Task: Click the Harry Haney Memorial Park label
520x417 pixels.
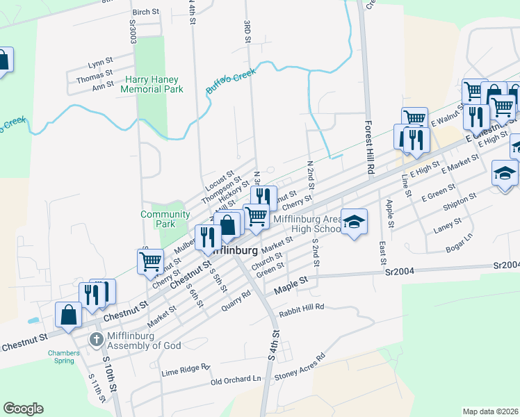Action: coord(152,84)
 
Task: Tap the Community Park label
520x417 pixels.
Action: coord(165,219)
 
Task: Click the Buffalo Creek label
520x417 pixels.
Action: coord(231,82)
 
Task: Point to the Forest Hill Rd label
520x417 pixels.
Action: coord(371,147)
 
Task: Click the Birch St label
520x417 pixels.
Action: coord(145,12)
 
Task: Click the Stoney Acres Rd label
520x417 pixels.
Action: coord(300,366)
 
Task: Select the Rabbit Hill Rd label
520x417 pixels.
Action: coord(302,310)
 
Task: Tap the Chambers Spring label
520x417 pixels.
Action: coord(64,357)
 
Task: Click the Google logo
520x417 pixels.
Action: coord(23,409)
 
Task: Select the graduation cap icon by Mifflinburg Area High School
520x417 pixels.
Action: coord(354,222)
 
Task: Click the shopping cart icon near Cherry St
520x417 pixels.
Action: coord(150,262)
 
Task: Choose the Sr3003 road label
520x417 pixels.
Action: coord(132,30)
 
